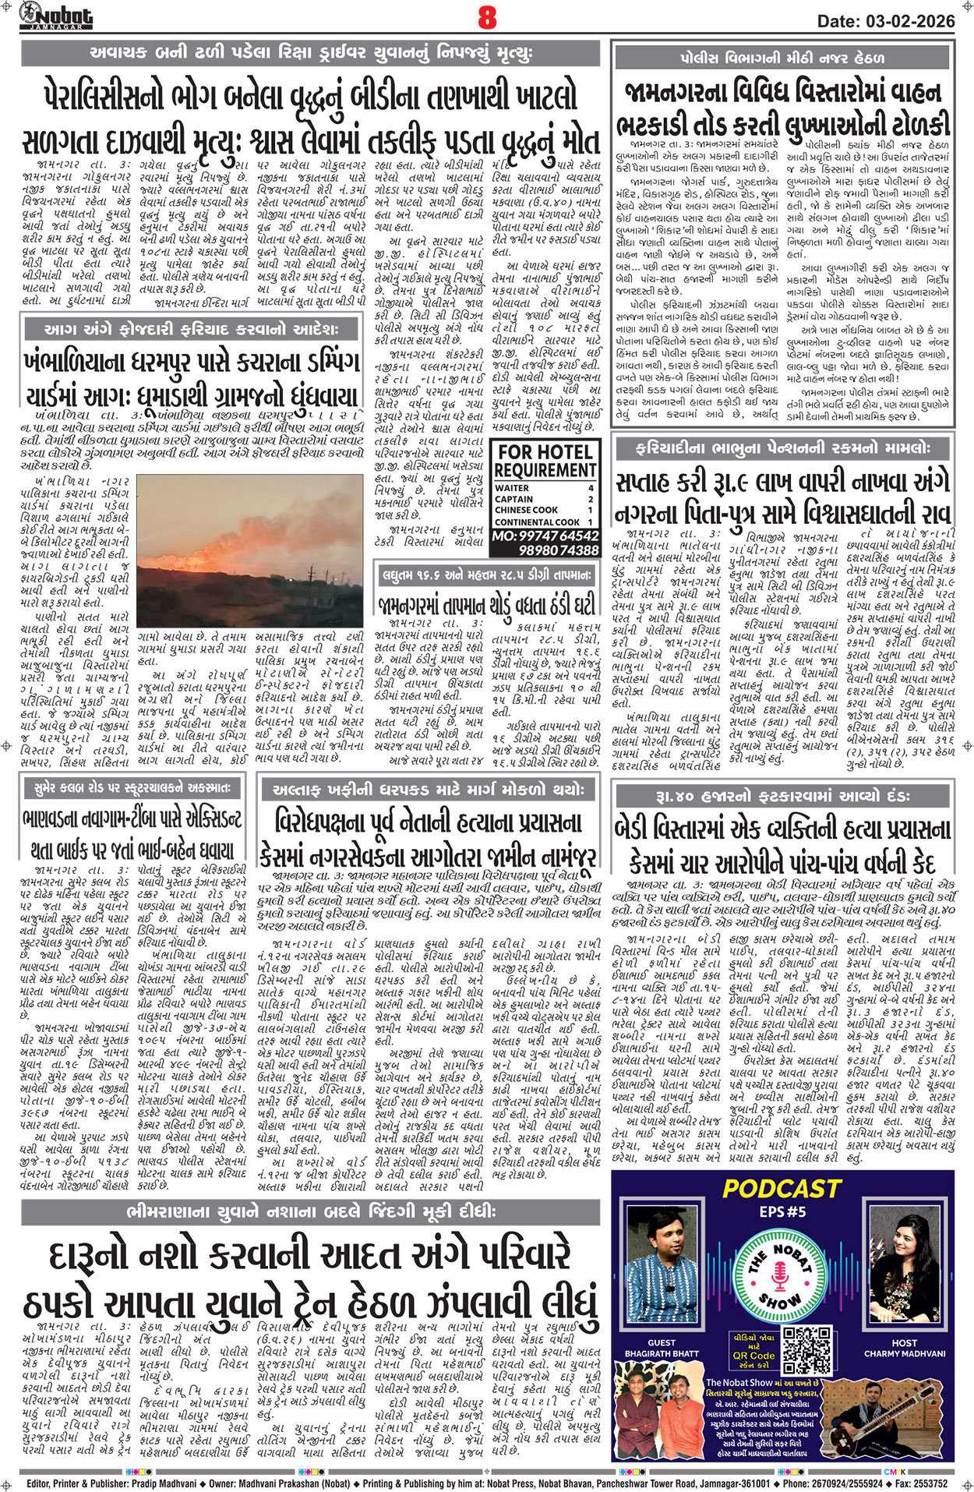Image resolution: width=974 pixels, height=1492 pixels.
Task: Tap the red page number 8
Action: click(x=488, y=16)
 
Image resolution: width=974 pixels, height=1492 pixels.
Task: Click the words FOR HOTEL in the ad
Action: click(x=545, y=452)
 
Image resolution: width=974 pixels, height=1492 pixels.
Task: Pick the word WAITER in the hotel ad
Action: click(x=512, y=488)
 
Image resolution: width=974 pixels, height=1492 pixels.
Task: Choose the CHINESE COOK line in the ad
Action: click(x=526, y=510)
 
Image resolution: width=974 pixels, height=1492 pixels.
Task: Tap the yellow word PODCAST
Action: click(x=782, y=1188)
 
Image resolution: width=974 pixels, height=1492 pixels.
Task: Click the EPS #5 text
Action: click(x=782, y=1211)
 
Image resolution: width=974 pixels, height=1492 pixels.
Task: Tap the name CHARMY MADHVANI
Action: click(x=904, y=1354)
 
